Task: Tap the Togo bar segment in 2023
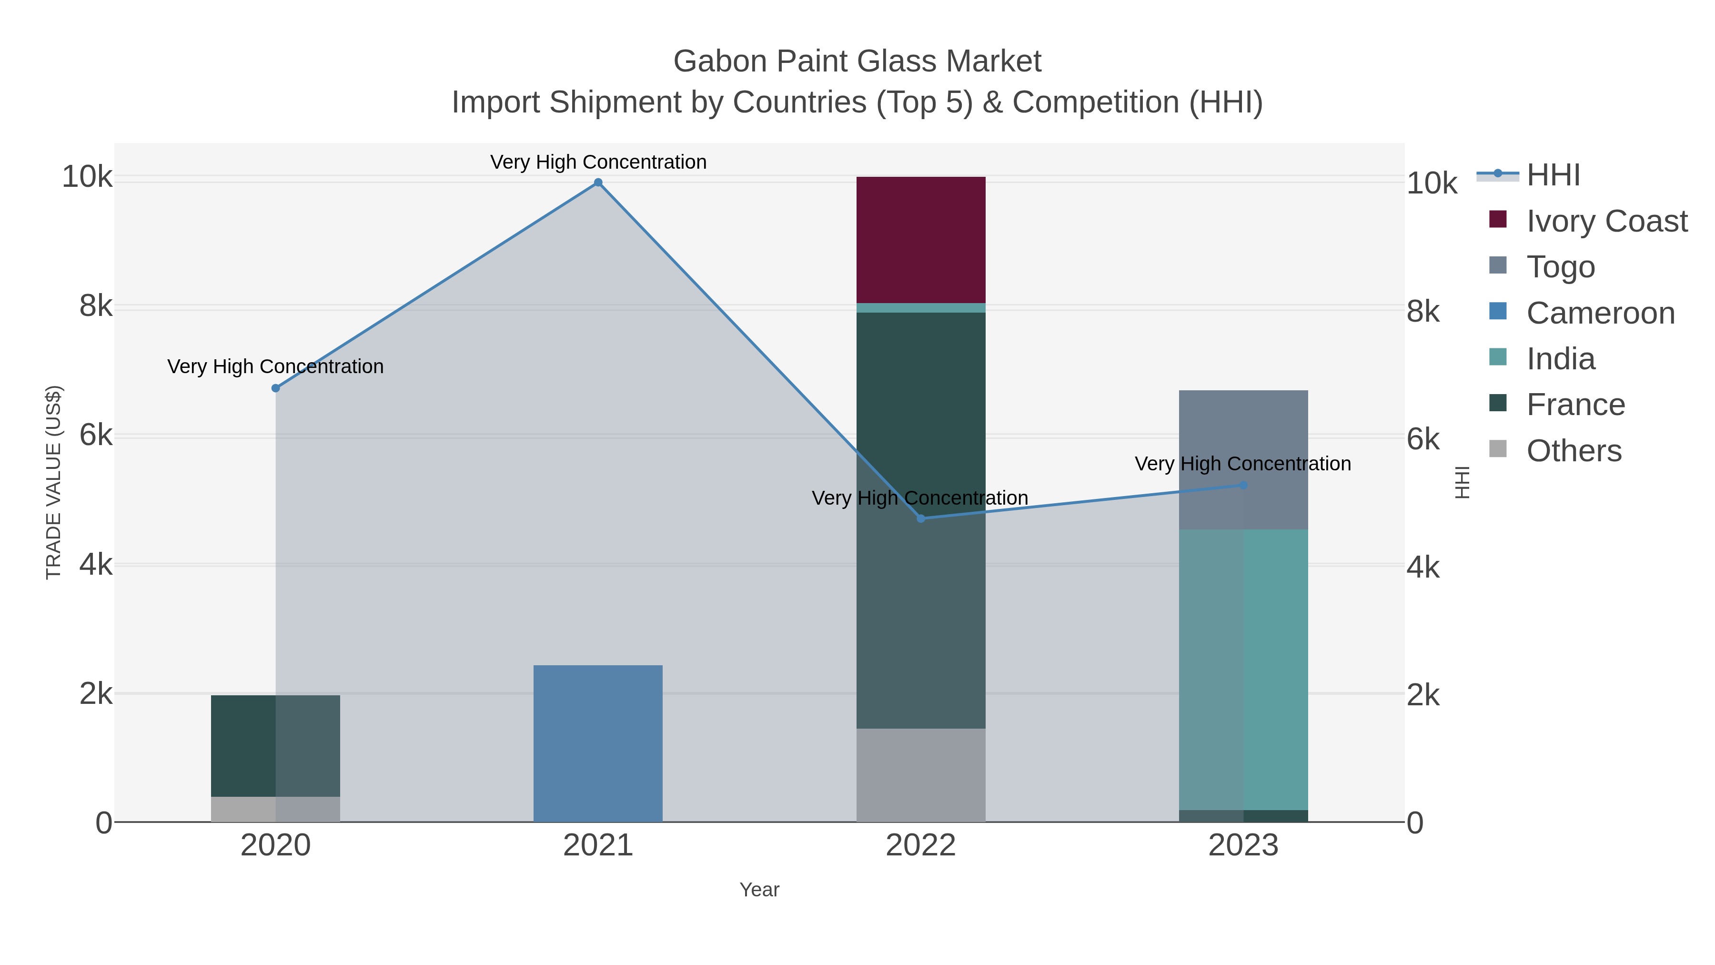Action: pyautogui.click(x=1243, y=459)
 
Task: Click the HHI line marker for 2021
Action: pyautogui.click(x=598, y=183)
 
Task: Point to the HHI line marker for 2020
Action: pyautogui.click(x=276, y=388)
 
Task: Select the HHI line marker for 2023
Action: pyautogui.click(x=1243, y=486)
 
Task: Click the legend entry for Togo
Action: pyautogui.click(x=1560, y=267)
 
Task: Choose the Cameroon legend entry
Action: pyautogui.click(x=1600, y=313)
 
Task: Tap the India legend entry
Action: pyautogui.click(x=1560, y=359)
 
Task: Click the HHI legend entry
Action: pyautogui.click(x=1553, y=175)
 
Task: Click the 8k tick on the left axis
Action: pyautogui.click(x=95, y=306)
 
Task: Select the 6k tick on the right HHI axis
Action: pyautogui.click(x=1423, y=439)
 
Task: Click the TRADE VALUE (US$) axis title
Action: pyautogui.click(x=53, y=482)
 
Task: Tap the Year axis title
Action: pyautogui.click(x=759, y=890)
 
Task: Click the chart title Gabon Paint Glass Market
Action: pyautogui.click(x=857, y=61)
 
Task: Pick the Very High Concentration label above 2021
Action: pyautogui.click(x=598, y=162)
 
